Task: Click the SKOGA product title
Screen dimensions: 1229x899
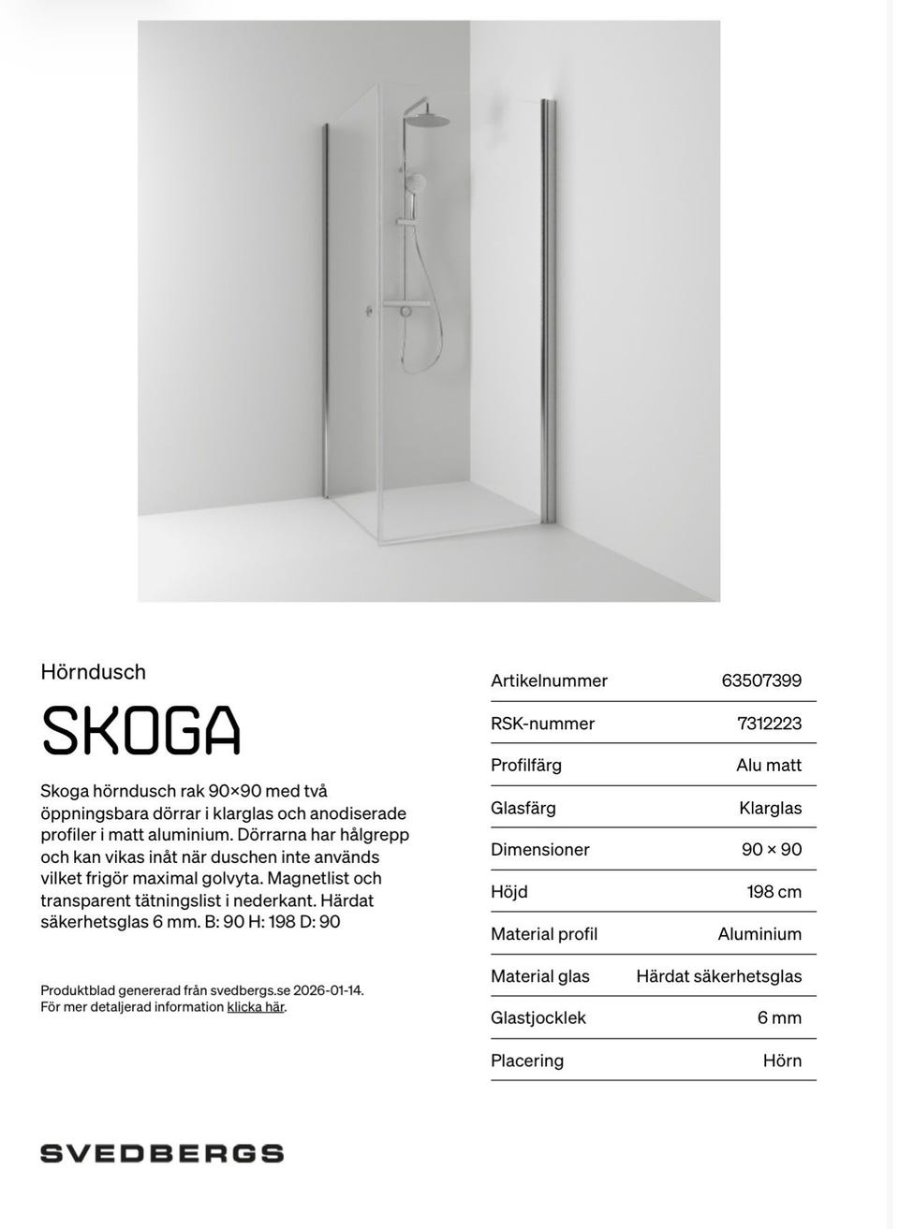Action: tap(140, 730)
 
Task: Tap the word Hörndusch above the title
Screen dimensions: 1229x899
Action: tap(94, 672)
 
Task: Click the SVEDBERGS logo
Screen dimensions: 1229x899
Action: tap(161, 1153)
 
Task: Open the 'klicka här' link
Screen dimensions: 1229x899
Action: tap(255, 1007)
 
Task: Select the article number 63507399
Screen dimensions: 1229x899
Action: tap(761, 680)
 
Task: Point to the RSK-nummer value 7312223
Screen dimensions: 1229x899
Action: tap(769, 724)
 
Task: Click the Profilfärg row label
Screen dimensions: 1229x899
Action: tap(526, 766)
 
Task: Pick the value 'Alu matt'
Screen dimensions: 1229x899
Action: tap(769, 766)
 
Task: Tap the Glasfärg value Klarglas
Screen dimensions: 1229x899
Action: tap(770, 808)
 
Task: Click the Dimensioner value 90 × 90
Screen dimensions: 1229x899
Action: tap(772, 850)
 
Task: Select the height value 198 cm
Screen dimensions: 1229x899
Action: tap(774, 892)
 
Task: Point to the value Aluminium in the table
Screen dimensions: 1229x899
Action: tap(759, 934)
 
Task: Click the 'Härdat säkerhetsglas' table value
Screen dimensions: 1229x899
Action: tap(718, 976)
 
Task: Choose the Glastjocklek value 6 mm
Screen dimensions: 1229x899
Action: tap(779, 1018)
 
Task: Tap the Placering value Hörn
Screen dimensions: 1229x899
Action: tap(782, 1061)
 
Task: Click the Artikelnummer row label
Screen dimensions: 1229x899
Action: tap(549, 680)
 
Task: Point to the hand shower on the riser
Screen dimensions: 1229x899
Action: tap(415, 182)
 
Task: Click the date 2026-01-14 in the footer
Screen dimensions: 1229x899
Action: tap(328, 989)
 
